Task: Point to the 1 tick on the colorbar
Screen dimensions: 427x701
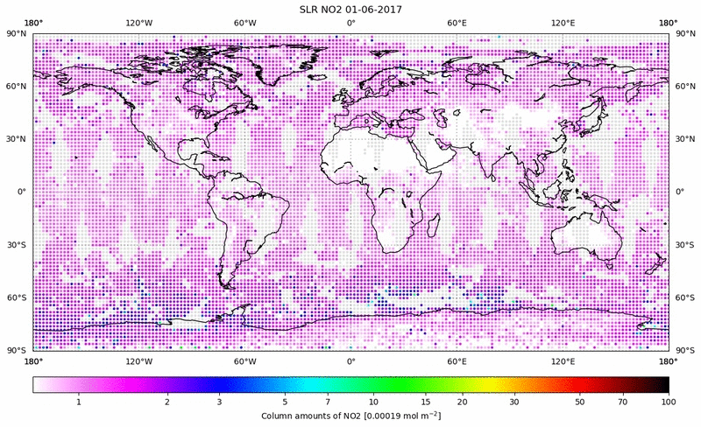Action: pyautogui.click(x=79, y=401)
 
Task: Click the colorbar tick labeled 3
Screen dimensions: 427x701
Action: pyautogui.click(x=220, y=401)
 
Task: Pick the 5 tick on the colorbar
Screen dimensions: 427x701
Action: pyautogui.click(x=285, y=401)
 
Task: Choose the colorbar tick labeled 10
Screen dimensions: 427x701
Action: pyautogui.click(x=374, y=401)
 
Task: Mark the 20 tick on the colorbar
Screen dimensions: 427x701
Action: pyautogui.click(x=462, y=401)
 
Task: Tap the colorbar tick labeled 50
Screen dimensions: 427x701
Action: pyautogui.click(x=580, y=401)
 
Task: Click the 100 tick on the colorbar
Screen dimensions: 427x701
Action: pyautogui.click(x=669, y=401)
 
